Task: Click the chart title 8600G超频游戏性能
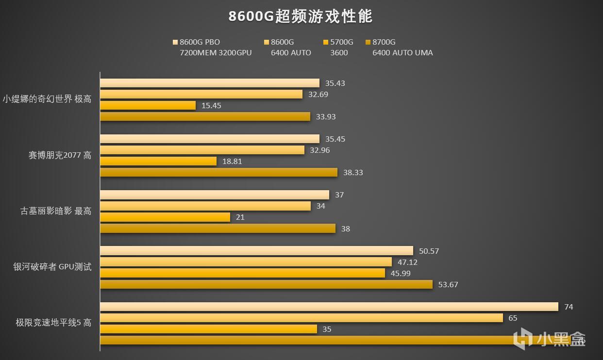[x=301, y=16]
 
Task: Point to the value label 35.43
[x=335, y=83]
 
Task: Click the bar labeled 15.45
[x=148, y=105]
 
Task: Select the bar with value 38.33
[x=218, y=172]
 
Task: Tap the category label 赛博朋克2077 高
[x=60, y=155]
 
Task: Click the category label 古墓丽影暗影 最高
[x=56, y=211]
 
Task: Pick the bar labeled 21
[x=165, y=217]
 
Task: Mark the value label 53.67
[x=448, y=284]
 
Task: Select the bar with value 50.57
[x=256, y=251]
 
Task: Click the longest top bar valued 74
[x=329, y=307]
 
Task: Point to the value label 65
[x=513, y=318]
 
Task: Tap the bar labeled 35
[x=208, y=329]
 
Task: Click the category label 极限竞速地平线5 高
[x=53, y=323]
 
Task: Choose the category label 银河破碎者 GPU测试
[x=52, y=267]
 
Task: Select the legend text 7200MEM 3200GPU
[x=216, y=53]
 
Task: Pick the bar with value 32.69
[x=201, y=94]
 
